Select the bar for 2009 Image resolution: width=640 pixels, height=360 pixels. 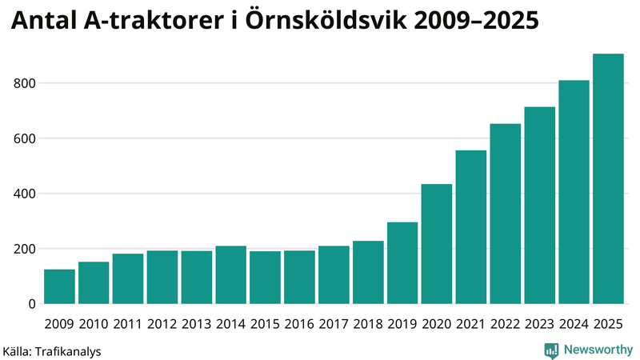[x=59, y=286]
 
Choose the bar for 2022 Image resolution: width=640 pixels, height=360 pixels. [x=506, y=214]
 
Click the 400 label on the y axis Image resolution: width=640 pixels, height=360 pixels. [x=26, y=194]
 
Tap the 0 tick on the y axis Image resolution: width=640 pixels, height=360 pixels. [x=33, y=304]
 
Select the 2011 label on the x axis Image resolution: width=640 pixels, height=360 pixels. [x=128, y=324]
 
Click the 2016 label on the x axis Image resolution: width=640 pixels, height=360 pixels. [x=299, y=324]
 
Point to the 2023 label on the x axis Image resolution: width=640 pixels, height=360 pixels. [x=539, y=324]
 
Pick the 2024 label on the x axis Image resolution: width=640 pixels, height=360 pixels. [x=574, y=324]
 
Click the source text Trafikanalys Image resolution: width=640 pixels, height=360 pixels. [x=69, y=350]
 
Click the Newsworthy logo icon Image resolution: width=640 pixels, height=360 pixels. [x=551, y=350]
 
